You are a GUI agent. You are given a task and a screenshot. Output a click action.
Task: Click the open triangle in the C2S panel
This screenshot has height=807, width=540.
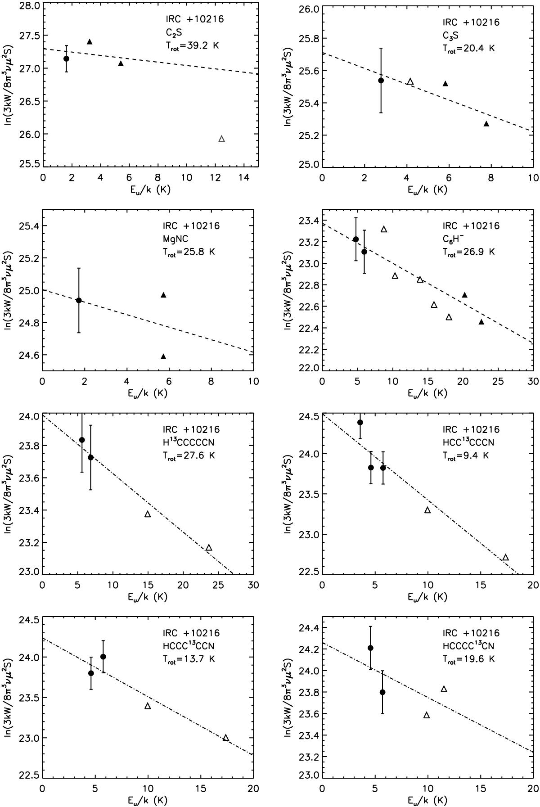pyautogui.click(x=221, y=139)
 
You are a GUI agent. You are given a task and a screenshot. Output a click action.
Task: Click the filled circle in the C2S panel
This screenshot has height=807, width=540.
pyautogui.click(x=66, y=59)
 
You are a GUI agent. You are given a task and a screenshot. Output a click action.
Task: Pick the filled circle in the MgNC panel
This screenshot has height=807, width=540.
pyautogui.click(x=79, y=300)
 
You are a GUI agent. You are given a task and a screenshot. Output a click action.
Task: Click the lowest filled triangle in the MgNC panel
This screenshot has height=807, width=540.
pyautogui.click(x=163, y=357)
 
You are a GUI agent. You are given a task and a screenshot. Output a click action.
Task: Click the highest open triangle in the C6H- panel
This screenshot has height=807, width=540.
pyautogui.click(x=384, y=229)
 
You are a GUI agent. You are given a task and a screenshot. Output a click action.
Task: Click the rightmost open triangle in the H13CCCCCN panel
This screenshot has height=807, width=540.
pyautogui.click(x=209, y=548)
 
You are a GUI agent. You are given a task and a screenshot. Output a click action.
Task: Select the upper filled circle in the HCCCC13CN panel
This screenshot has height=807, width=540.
pyautogui.click(x=370, y=648)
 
